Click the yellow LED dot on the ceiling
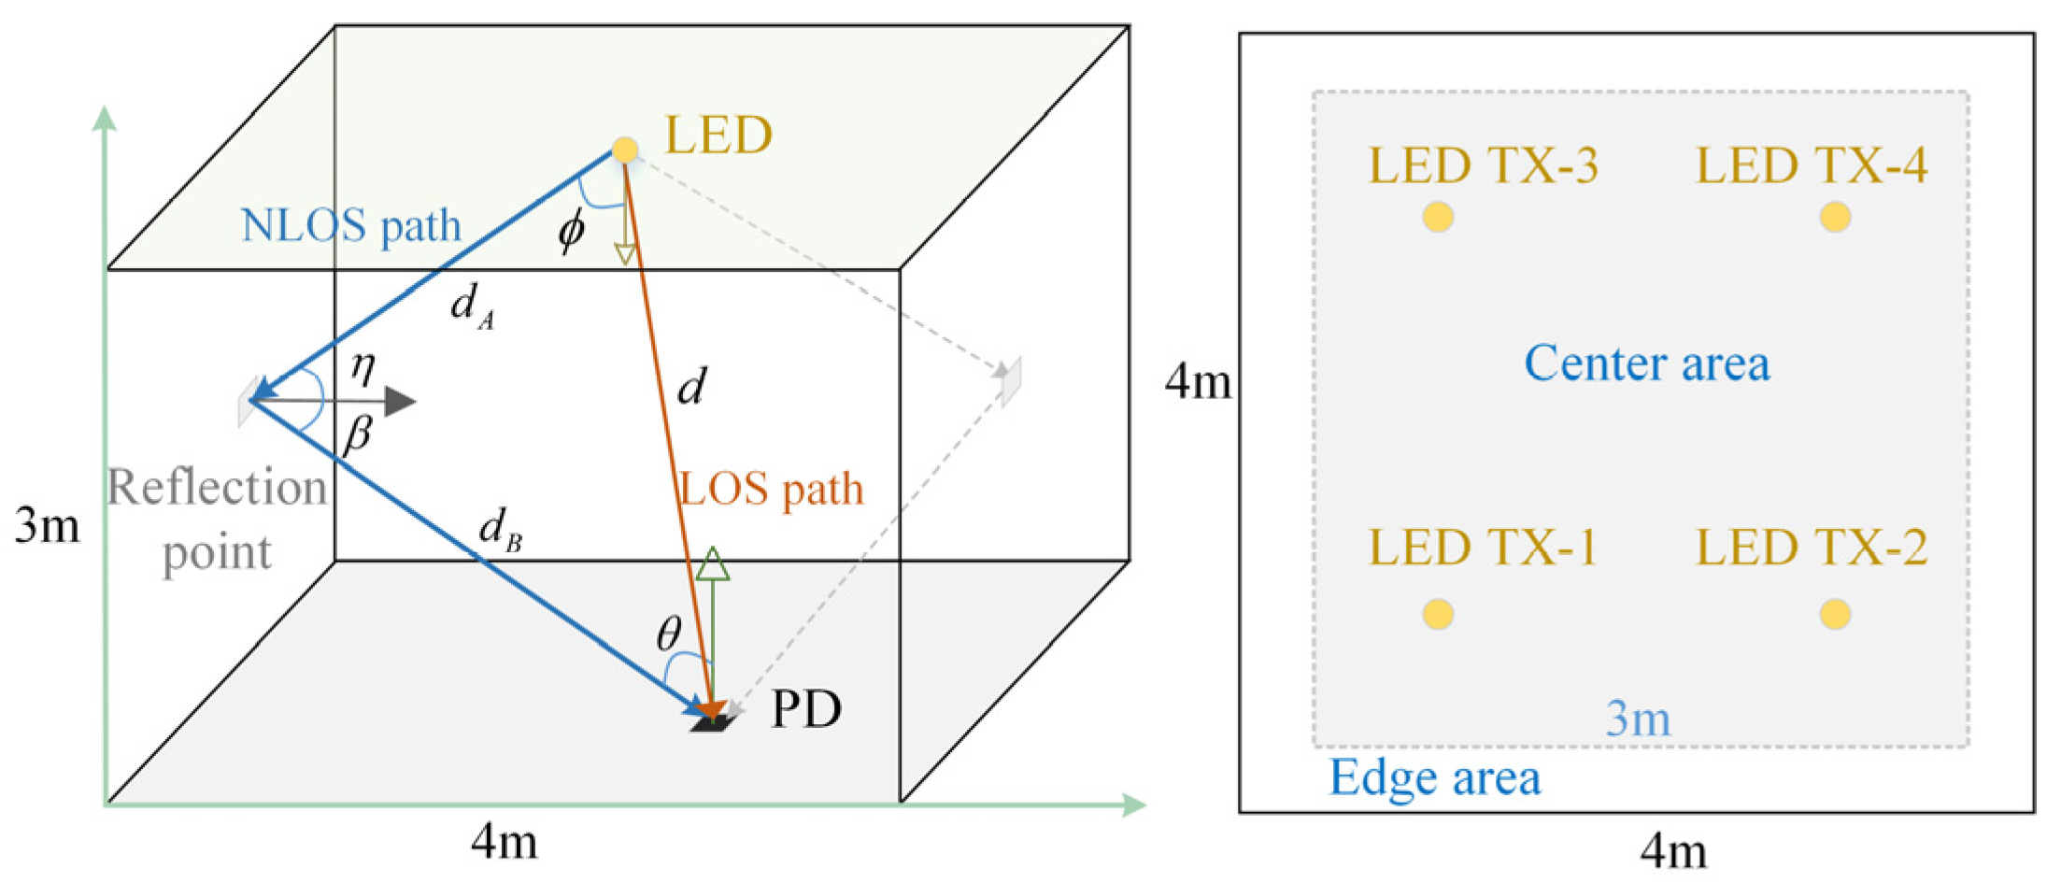pos(625,150)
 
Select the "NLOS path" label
pos(351,225)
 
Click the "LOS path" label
pos(771,489)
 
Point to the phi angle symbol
pos(571,230)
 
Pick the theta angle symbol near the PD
pos(669,634)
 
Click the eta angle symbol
pos(362,366)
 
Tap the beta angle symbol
pos(358,434)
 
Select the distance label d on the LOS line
pos(691,386)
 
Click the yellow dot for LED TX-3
pos(1438,217)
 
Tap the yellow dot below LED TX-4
pos(1835,217)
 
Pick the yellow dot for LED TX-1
pos(1438,614)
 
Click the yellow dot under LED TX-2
pos(1835,614)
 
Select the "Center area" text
pos(1646,363)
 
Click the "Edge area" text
pos(1434,777)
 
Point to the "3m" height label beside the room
pos(47,525)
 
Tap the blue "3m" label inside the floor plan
pos(1638,719)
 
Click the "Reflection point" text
pos(217,519)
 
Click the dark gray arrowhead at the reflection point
pos(400,402)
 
